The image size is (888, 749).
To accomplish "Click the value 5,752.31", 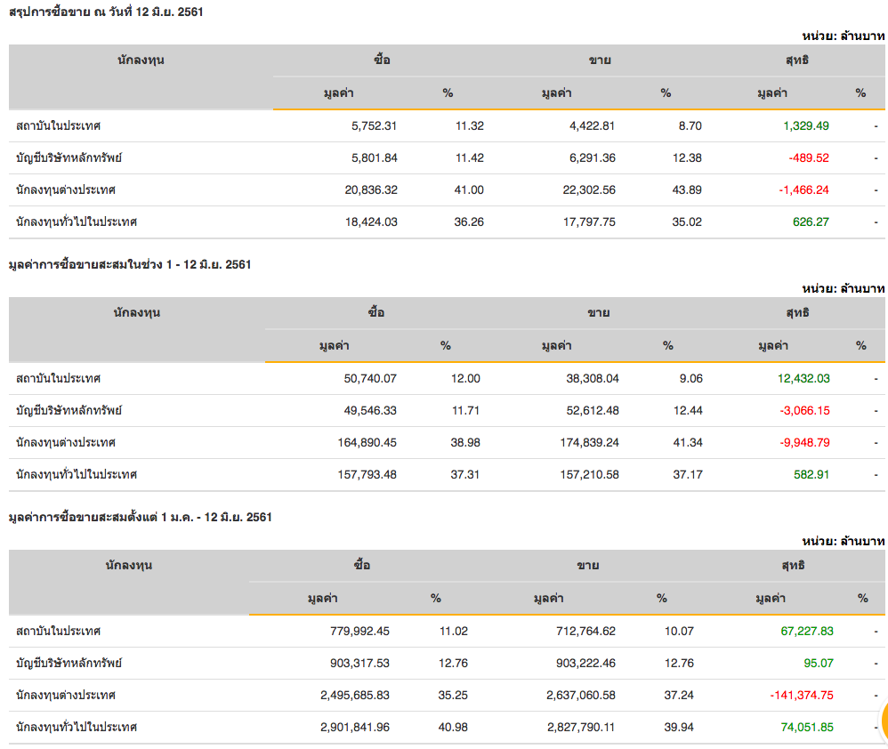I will coord(371,125).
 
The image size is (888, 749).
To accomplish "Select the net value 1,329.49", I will coord(805,125).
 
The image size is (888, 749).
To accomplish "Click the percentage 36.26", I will coord(469,221).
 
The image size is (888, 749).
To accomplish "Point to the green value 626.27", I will coord(811,221).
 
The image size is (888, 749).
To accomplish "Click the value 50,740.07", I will coord(369,378).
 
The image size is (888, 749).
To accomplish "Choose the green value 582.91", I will coord(811,474).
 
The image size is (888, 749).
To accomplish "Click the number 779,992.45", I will coord(356,631).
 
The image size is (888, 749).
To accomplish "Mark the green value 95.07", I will coord(815,663).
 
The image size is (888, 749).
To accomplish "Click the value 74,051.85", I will coord(806,727).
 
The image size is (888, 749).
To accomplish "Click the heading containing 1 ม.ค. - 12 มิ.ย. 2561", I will coord(139,517).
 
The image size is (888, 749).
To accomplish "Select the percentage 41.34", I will coord(688,442).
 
